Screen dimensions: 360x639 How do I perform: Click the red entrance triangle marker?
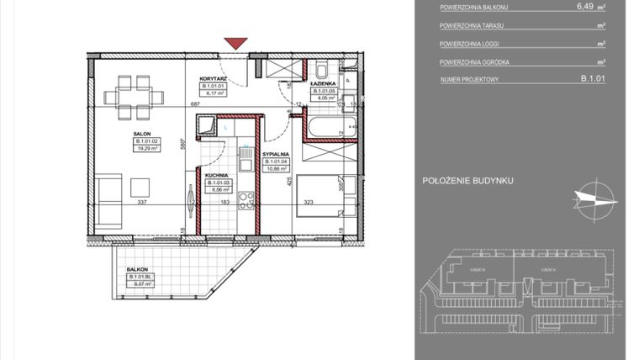pos(236,43)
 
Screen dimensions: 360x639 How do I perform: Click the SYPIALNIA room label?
pos(277,156)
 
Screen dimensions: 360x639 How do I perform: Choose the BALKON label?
pos(138,269)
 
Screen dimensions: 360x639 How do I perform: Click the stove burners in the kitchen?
pos(246,199)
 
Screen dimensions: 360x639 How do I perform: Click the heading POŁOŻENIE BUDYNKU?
pos(467,180)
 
